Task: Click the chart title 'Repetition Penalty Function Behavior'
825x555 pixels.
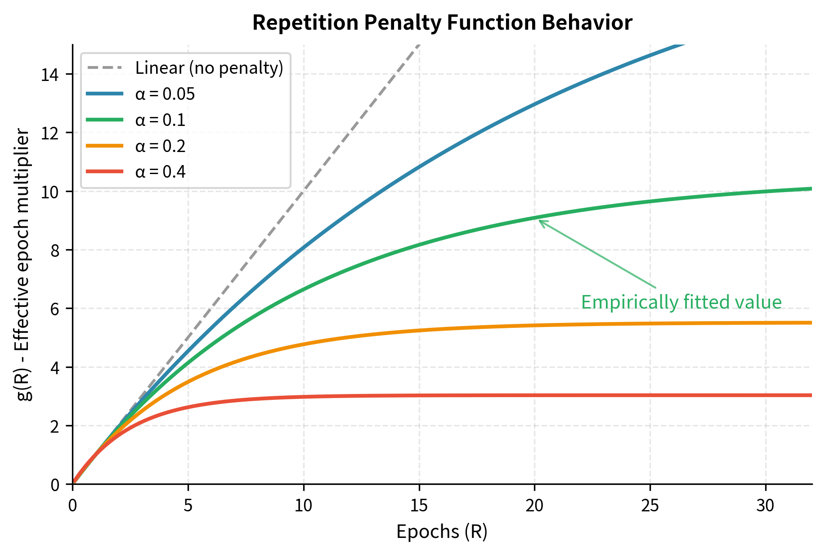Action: pyautogui.click(x=442, y=22)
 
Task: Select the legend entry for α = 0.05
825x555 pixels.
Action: pyautogui.click(x=165, y=94)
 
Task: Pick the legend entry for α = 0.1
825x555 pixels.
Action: pyautogui.click(x=160, y=120)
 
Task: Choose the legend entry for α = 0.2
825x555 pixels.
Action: pyautogui.click(x=160, y=146)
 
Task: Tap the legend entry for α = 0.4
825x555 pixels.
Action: pyautogui.click(x=160, y=172)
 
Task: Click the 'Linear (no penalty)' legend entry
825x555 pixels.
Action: pyautogui.click(x=209, y=68)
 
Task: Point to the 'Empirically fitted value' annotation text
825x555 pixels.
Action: pyautogui.click(x=681, y=302)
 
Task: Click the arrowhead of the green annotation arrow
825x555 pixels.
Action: pyautogui.click(x=540, y=221)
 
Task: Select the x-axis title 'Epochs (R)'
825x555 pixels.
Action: pyautogui.click(x=442, y=532)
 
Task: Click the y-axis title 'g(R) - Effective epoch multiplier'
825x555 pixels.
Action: pyautogui.click(x=23, y=264)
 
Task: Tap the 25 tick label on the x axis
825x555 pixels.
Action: pyautogui.click(x=650, y=506)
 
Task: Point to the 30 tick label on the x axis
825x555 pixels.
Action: pyautogui.click(x=765, y=506)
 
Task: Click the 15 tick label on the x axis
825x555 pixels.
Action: pyautogui.click(x=419, y=506)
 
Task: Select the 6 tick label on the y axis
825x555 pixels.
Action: pyautogui.click(x=55, y=309)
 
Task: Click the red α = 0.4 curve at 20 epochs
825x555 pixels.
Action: pyautogui.click(x=534, y=395)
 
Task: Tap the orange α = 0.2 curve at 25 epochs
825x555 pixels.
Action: pyautogui.click(x=650, y=323)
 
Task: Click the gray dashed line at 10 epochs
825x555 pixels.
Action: pyautogui.click(x=304, y=192)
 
